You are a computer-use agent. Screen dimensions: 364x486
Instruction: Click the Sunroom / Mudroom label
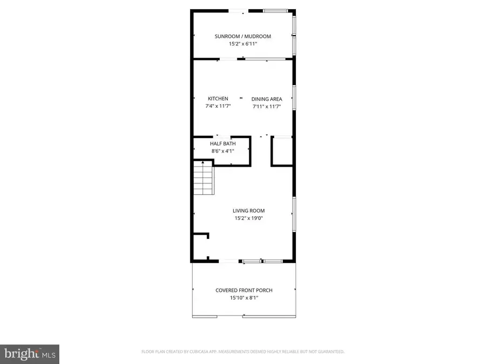(242, 36)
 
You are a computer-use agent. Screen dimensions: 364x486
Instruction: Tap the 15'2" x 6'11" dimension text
(242, 44)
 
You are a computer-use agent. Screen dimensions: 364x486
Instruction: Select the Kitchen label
(218, 99)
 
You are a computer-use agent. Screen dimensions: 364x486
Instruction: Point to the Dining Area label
(267, 99)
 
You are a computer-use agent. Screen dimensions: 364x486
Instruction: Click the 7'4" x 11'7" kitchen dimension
(218, 106)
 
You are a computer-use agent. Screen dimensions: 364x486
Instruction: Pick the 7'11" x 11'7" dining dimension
(267, 107)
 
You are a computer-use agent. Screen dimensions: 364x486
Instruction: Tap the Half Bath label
(222, 143)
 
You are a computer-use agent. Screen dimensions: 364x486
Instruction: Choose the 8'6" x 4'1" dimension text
(222, 151)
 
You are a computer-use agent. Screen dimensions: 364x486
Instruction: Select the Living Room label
(248, 211)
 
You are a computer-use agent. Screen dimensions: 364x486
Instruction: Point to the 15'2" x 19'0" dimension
(248, 218)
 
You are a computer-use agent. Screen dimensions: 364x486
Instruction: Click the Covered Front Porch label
(244, 290)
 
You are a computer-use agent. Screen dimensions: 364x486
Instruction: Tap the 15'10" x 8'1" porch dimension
(244, 298)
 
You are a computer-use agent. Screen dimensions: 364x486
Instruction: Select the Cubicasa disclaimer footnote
(242, 352)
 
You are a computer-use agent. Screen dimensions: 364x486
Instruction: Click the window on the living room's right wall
(294, 215)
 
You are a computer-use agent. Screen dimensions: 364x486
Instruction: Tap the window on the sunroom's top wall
(275, 10)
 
